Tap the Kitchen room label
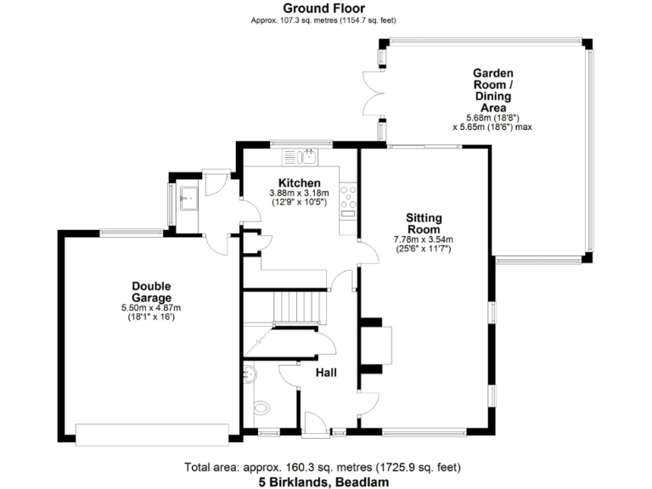click(x=300, y=183)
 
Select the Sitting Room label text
click(x=423, y=223)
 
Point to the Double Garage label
click(x=152, y=292)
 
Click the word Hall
click(x=328, y=373)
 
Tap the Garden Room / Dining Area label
click(x=492, y=91)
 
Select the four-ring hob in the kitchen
click(x=348, y=197)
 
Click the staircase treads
click(x=301, y=303)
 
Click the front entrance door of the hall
click(x=316, y=424)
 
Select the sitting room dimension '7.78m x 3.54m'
click(x=423, y=239)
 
